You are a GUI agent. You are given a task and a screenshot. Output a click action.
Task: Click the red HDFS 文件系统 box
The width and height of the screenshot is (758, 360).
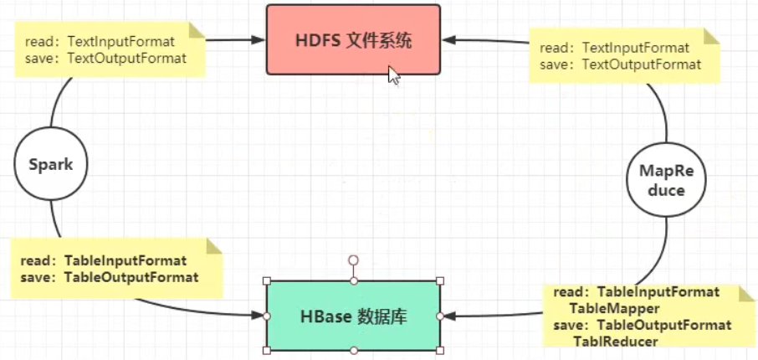tap(353, 39)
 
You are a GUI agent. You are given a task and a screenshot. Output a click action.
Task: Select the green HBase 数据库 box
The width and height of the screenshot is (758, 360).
tap(353, 316)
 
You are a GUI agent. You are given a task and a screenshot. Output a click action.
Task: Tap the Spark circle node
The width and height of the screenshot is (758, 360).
tap(51, 164)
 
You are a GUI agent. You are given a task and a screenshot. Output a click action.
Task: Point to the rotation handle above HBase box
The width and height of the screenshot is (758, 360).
tap(354, 260)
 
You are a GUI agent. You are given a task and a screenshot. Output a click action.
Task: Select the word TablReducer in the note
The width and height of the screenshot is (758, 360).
tap(615, 341)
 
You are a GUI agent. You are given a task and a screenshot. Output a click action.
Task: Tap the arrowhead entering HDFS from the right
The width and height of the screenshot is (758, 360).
tap(448, 39)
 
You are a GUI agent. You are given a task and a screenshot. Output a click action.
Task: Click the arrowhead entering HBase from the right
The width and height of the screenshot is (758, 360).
tap(448, 316)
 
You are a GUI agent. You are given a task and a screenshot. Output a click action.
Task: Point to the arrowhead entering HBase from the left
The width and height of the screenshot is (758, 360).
tap(259, 316)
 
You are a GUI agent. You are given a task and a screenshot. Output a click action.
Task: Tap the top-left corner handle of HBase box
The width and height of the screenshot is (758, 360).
tap(267, 281)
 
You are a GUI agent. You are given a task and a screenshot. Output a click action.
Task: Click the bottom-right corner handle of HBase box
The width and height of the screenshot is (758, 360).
tap(441, 350)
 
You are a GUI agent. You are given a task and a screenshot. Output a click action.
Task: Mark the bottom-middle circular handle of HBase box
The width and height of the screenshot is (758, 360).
tap(354, 350)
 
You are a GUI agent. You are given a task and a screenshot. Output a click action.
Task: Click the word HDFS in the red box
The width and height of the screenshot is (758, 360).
tap(318, 40)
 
